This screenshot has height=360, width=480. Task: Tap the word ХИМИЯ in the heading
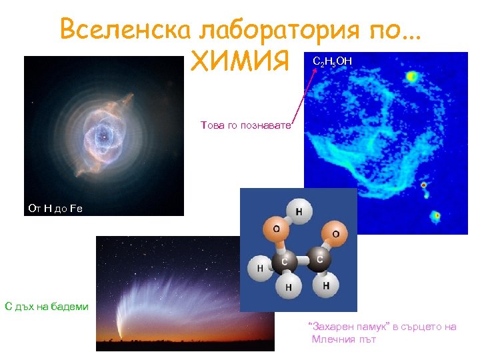(240, 63)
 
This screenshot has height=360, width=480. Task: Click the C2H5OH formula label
(332, 62)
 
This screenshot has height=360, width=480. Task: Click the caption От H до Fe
(55, 208)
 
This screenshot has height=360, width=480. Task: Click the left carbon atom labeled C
(284, 261)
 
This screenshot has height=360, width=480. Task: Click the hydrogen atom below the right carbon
(325, 285)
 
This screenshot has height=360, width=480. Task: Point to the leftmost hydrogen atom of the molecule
(259, 268)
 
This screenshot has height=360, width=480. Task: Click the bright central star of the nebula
(103, 137)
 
